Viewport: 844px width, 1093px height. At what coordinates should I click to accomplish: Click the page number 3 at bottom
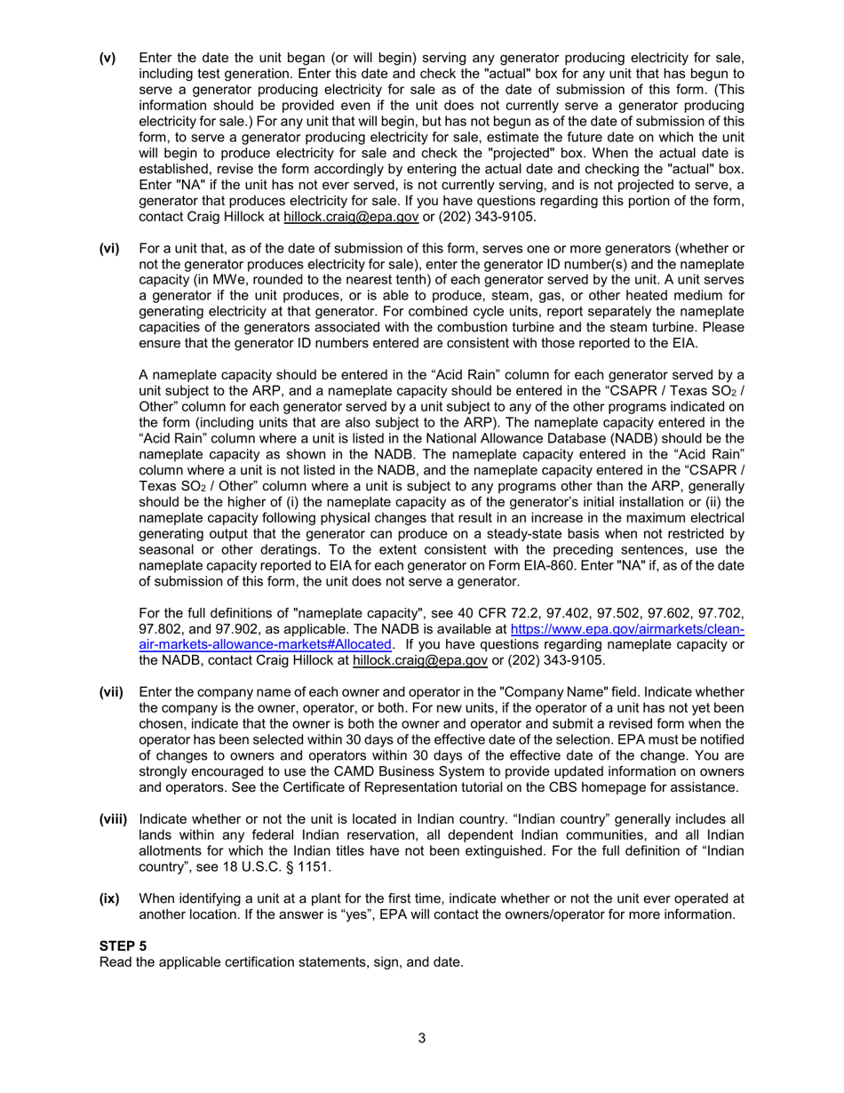pos(422,1037)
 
